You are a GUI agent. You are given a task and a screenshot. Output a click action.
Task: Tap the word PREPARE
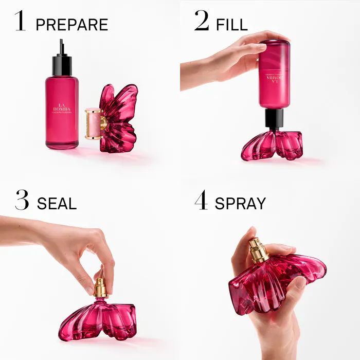[x=72, y=24]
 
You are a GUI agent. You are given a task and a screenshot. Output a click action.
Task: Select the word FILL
[x=231, y=24]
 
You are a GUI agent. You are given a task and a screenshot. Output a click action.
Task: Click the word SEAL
[x=57, y=203]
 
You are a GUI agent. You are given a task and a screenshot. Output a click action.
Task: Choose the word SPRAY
[x=240, y=203]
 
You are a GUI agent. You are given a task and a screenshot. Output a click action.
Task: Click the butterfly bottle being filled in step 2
[x=272, y=145]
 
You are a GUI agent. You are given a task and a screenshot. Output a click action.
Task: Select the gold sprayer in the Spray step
[x=258, y=250]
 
